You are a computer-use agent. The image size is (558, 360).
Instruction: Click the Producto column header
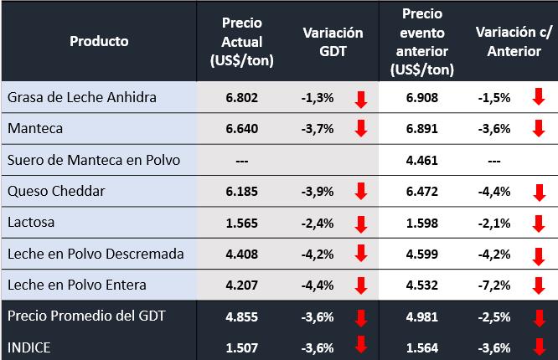(x=99, y=40)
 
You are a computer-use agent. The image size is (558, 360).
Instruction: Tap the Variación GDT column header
(x=333, y=40)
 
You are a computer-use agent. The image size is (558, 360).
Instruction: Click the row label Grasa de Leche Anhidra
(x=82, y=98)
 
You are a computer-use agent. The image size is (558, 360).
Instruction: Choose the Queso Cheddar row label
(x=56, y=192)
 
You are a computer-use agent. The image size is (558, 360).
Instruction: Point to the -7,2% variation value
(x=494, y=285)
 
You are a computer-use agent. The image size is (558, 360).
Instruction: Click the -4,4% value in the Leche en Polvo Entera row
(x=318, y=285)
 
